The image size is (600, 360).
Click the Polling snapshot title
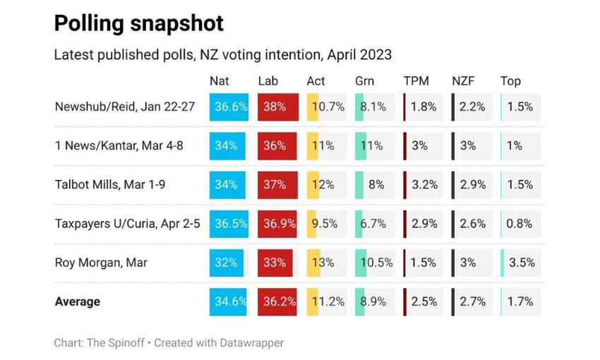pyautogui.click(x=139, y=24)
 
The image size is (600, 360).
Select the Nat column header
pyautogui.click(x=219, y=81)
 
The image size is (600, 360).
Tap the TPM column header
pyautogui.click(x=416, y=81)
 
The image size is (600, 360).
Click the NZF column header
pyautogui.click(x=464, y=81)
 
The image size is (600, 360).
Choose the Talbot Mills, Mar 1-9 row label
pyautogui.click(x=109, y=185)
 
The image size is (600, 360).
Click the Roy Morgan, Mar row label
pyautogui.click(x=101, y=263)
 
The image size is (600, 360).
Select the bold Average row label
pyautogui.click(x=78, y=301)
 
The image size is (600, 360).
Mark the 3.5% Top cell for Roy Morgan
pyautogui.click(x=520, y=263)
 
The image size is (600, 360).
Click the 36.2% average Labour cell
pyautogui.click(x=277, y=301)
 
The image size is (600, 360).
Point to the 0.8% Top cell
pyautogui.click(x=520, y=224)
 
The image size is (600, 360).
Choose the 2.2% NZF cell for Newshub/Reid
pyautogui.click(x=472, y=107)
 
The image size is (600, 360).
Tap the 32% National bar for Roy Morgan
pyautogui.click(x=227, y=263)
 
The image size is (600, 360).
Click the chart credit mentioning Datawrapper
pyautogui.click(x=169, y=343)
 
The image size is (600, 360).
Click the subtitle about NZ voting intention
pyautogui.click(x=222, y=55)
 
